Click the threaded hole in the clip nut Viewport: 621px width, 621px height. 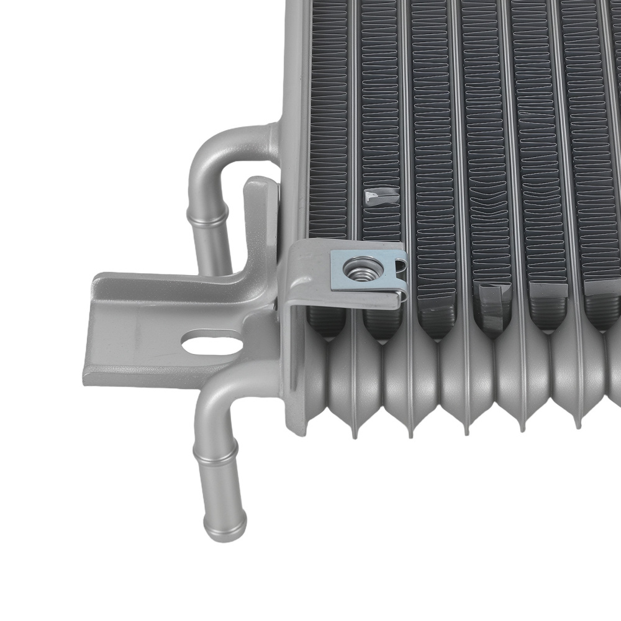pyautogui.click(x=356, y=268)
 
